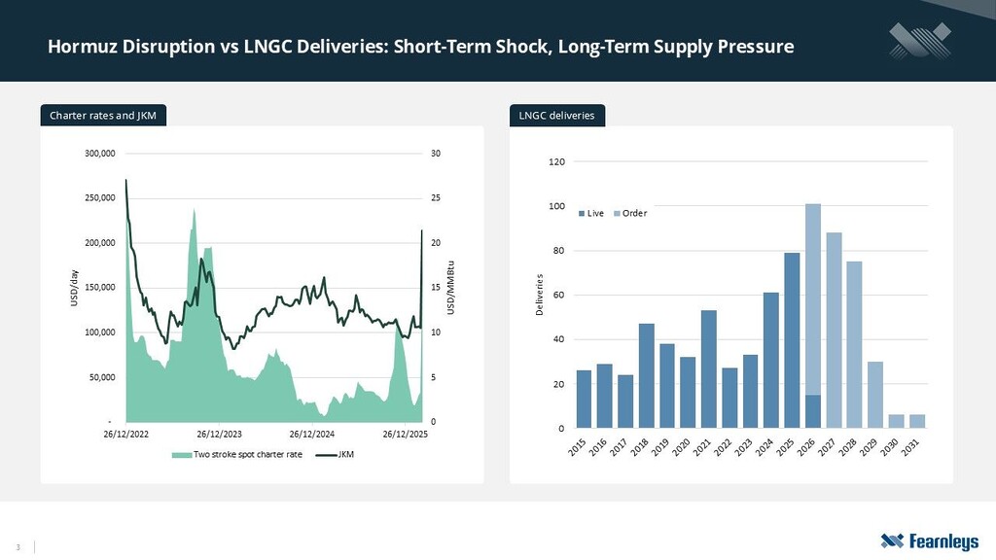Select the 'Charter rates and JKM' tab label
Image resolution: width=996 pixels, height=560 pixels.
(x=103, y=117)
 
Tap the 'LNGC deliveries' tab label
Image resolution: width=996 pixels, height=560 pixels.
(x=557, y=117)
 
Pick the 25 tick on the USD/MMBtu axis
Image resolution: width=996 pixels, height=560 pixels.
(x=436, y=198)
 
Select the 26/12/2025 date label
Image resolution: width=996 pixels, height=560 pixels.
(x=405, y=434)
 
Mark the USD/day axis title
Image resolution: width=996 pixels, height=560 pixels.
(x=74, y=288)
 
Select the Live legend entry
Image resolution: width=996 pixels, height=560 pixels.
(x=591, y=213)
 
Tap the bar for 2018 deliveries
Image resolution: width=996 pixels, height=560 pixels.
(x=646, y=376)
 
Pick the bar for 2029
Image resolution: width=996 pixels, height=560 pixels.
(x=875, y=395)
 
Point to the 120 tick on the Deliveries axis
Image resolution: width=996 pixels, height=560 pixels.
(x=556, y=161)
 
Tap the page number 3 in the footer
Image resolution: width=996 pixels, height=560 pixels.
(x=18, y=545)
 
